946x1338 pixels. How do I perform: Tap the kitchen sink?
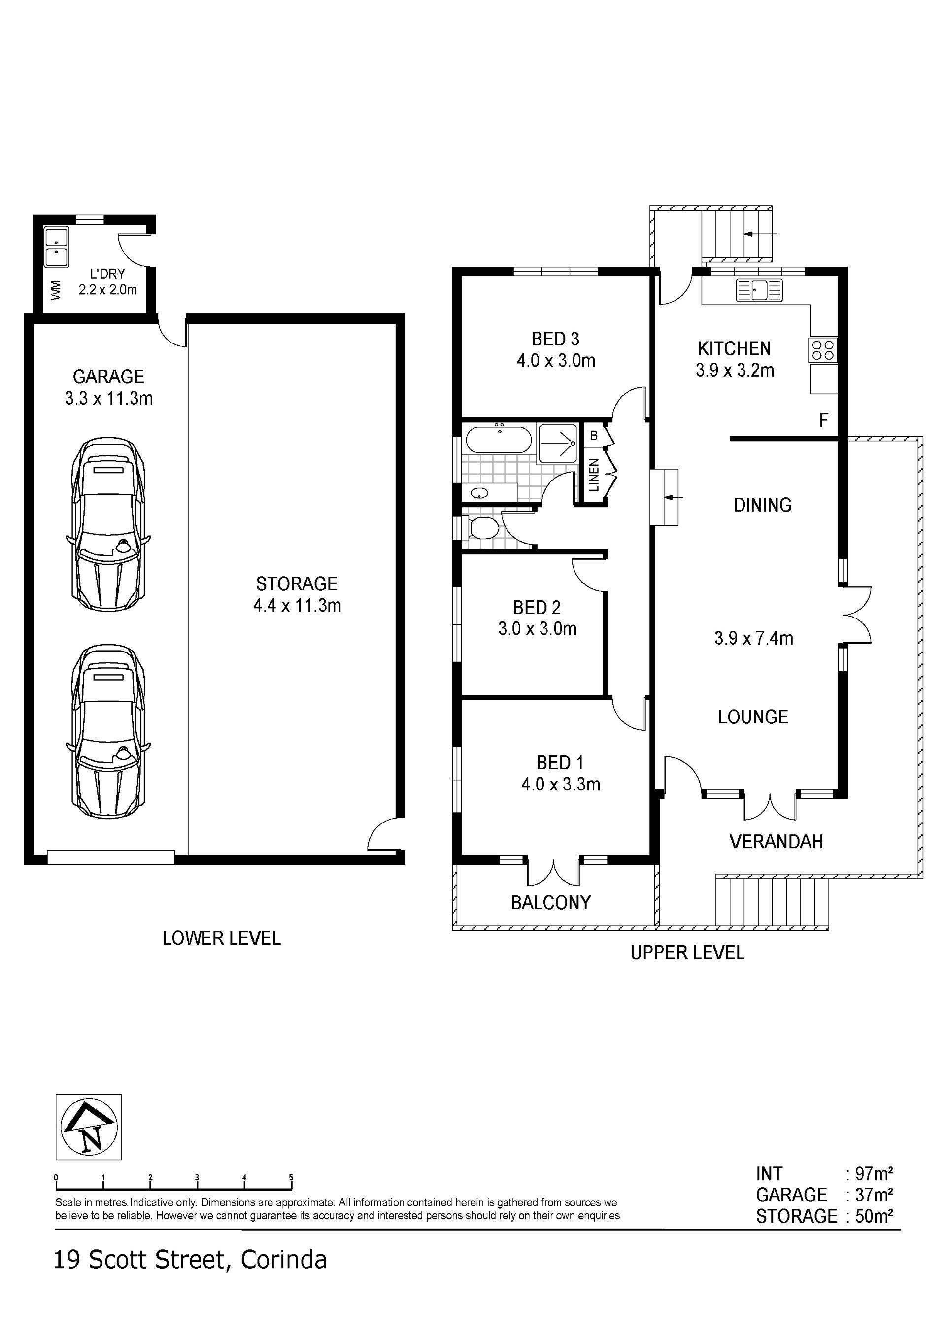(x=760, y=290)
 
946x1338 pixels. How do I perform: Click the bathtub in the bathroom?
(x=498, y=440)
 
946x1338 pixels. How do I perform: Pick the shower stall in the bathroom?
(x=557, y=444)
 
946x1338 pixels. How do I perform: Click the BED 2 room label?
(x=537, y=608)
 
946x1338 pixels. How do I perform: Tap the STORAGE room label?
(x=297, y=584)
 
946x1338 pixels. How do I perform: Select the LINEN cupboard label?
(x=594, y=475)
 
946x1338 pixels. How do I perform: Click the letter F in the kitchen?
(x=823, y=420)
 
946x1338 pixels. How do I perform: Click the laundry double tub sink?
(x=57, y=247)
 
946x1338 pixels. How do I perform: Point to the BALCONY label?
(x=550, y=903)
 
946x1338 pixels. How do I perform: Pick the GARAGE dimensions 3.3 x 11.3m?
(x=109, y=399)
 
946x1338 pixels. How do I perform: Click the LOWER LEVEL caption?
(x=221, y=938)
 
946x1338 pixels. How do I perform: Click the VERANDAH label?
(x=776, y=842)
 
